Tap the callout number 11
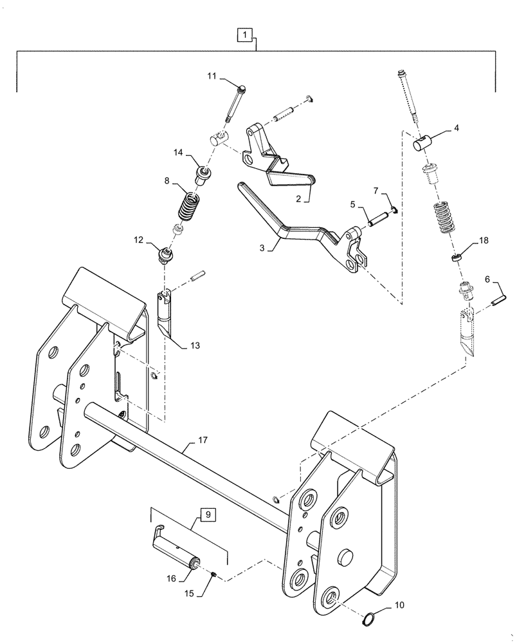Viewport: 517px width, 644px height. (212, 77)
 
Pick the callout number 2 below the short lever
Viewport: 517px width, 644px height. (299, 199)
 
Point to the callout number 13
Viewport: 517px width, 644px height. (194, 346)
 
